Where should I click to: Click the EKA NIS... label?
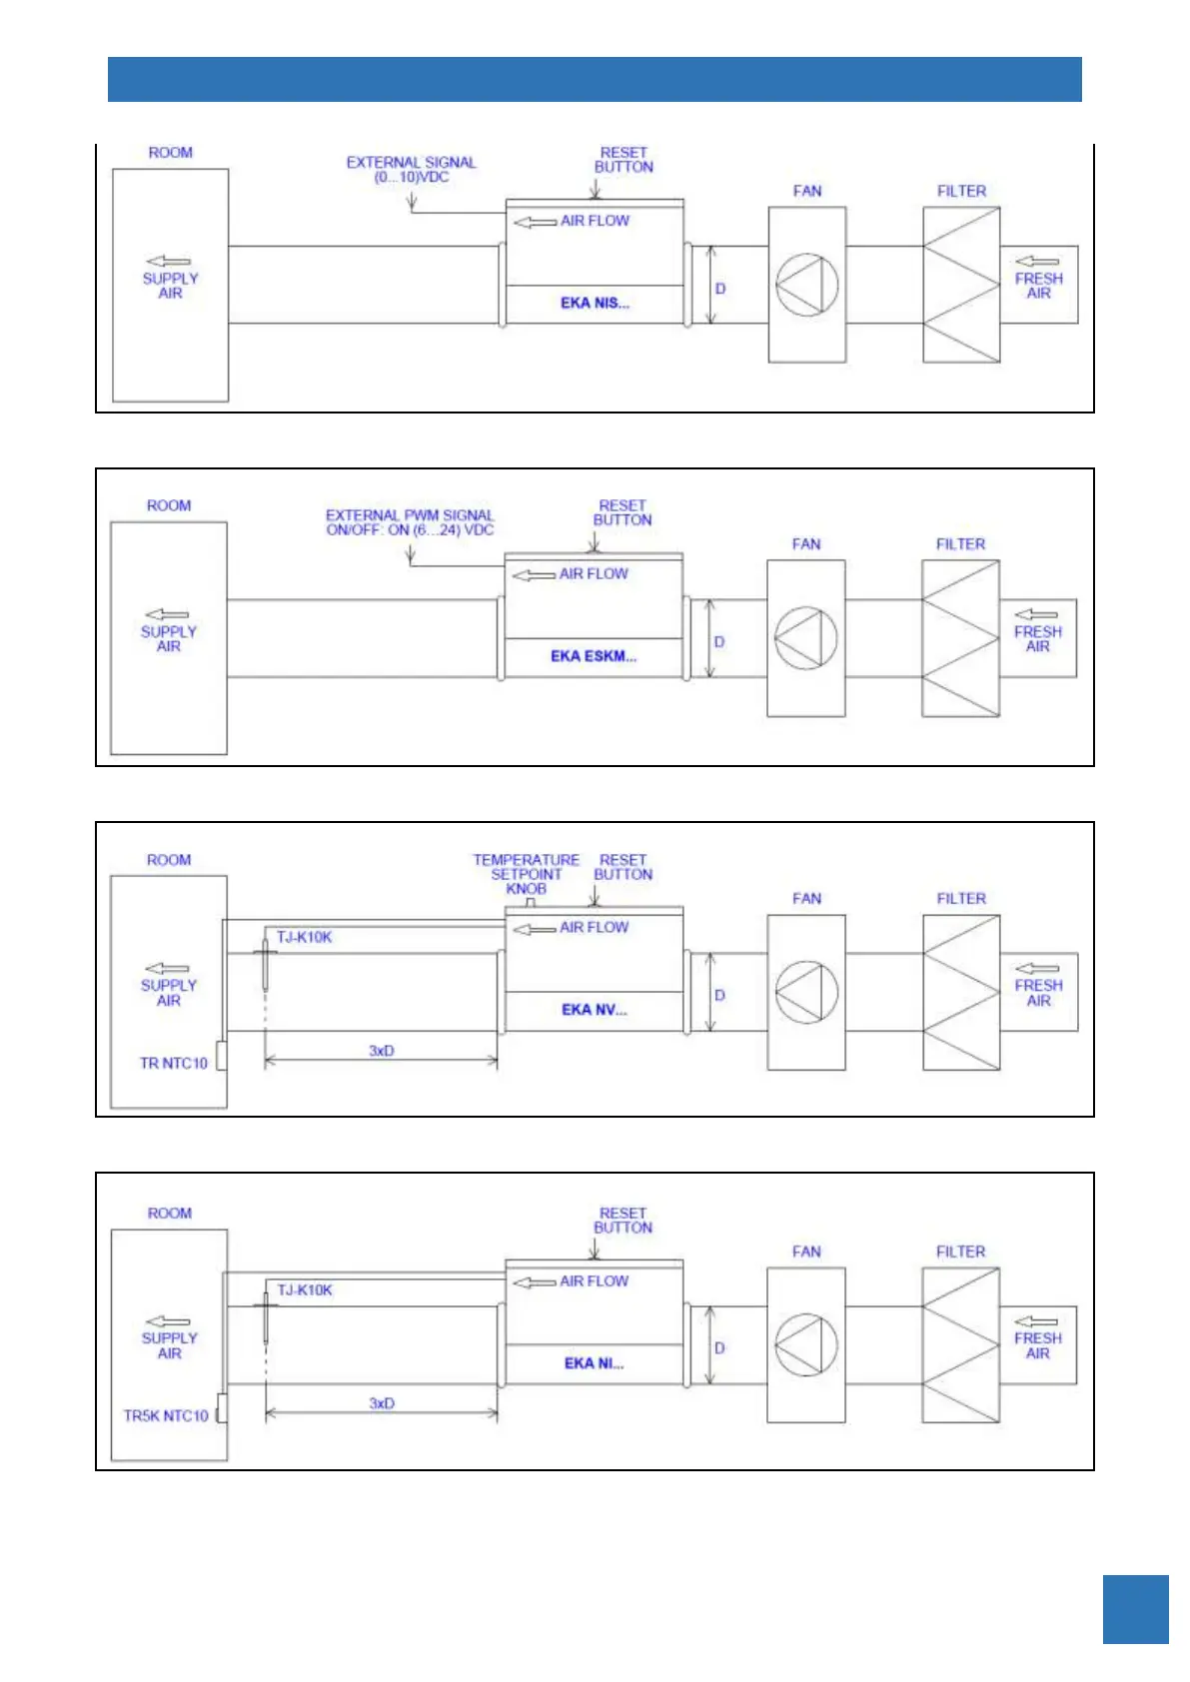(x=595, y=303)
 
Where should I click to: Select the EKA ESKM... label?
(x=593, y=656)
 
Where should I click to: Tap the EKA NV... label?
(x=594, y=1010)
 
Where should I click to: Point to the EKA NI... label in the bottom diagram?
(x=594, y=1363)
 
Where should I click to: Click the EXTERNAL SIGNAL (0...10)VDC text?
(x=411, y=170)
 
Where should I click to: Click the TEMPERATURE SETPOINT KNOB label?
(x=526, y=874)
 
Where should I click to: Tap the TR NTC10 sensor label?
(x=174, y=1063)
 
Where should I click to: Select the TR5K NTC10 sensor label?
(x=166, y=1416)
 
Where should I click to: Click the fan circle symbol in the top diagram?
(x=806, y=286)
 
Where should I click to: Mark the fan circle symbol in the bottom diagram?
(x=805, y=1345)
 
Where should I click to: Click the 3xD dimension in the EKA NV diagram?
(x=381, y=1051)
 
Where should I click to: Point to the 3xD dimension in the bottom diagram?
(x=381, y=1403)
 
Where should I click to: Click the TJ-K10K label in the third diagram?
(x=305, y=937)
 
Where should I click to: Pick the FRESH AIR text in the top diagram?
(x=1038, y=286)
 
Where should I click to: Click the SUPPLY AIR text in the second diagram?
(x=169, y=639)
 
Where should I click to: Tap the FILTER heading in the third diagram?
(x=961, y=899)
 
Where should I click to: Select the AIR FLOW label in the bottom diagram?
(x=594, y=1281)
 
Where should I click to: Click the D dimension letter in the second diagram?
(x=719, y=642)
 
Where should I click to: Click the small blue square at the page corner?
(x=1135, y=1609)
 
